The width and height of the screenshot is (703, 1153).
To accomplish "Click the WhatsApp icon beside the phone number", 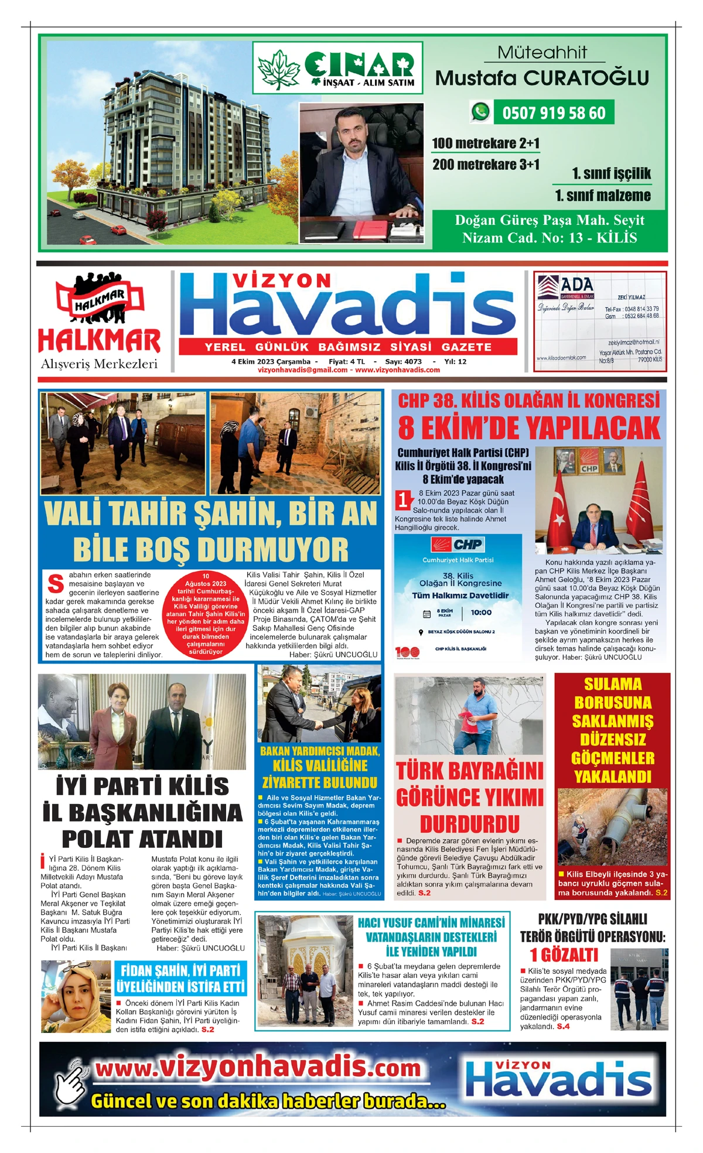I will click(x=481, y=112).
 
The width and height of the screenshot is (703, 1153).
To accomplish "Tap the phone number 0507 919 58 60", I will click(x=554, y=112).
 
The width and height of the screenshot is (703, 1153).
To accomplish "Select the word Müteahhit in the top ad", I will click(x=542, y=53).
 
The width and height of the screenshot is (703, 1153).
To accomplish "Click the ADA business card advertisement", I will click(x=599, y=321).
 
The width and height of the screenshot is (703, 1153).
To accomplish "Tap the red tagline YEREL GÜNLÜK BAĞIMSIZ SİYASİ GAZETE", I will click(x=348, y=347).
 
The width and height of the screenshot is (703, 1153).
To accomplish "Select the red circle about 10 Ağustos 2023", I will click(x=206, y=614).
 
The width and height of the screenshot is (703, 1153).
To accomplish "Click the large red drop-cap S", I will click(x=56, y=584).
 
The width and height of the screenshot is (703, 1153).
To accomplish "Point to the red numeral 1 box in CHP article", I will click(x=404, y=499).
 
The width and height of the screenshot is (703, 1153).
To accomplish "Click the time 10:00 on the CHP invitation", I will click(x=481, y=613).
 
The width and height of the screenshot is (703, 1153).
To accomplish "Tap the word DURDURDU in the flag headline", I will click(x=469, y=823).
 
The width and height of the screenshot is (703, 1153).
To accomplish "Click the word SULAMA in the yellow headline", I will click(x=612, y=684).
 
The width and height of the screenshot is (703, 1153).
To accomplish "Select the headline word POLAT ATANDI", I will click(x=142, y=839).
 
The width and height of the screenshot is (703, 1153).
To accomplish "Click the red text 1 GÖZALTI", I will click(x=564, y=955).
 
